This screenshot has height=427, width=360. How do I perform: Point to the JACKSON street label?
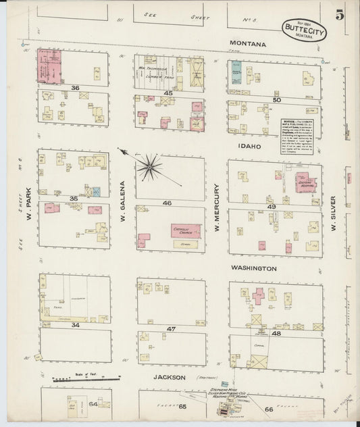(x=169, y=378)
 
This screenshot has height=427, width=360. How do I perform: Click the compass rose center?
(x=149, y=166)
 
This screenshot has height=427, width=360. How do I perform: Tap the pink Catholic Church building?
(x=185, y=231)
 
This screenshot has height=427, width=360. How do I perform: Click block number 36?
(x=76, y=88)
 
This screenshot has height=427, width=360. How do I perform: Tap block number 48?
(x=275, y=333)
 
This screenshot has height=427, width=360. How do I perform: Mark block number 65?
(x=182, y=407)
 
